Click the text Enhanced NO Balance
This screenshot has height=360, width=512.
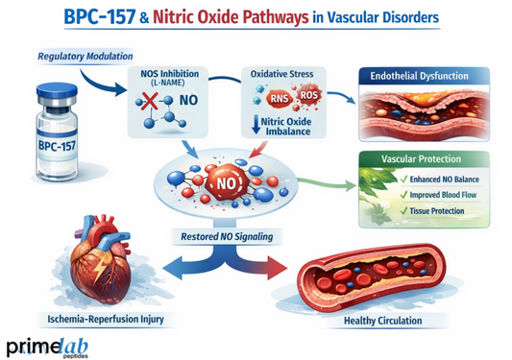437,180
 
